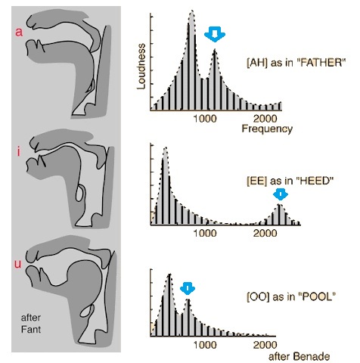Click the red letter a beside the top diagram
19,32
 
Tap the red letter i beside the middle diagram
18,152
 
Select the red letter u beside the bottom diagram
18,264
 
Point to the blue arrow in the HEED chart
281,194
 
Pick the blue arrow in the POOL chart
188,289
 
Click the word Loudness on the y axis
141,67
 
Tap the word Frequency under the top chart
267,129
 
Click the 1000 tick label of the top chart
205,118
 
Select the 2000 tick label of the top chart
265,118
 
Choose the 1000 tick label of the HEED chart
205,233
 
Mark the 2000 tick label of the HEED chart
265,233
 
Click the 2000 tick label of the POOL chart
265,345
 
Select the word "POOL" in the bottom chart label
317,296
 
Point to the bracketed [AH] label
257,63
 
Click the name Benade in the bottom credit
312,356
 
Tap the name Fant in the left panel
31,329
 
